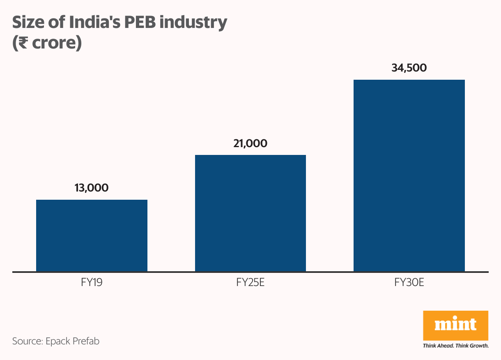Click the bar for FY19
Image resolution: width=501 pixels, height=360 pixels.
tap(92, 235)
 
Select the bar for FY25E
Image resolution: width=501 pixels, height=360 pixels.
tap(250, 213)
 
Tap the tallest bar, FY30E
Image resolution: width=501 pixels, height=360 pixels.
tap(409, 175)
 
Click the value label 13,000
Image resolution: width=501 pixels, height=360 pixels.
tap(92, 188)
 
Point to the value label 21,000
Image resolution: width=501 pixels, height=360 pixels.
tap(250, 143)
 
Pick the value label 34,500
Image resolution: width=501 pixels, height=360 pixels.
tap(409, 68)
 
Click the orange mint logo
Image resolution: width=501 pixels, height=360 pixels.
tap(455, 325)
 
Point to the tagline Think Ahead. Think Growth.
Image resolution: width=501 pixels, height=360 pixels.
tap(455, 346)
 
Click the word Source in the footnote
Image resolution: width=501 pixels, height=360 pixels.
tap(26, 341)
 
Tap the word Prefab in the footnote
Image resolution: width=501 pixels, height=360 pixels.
tap(85, 341)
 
